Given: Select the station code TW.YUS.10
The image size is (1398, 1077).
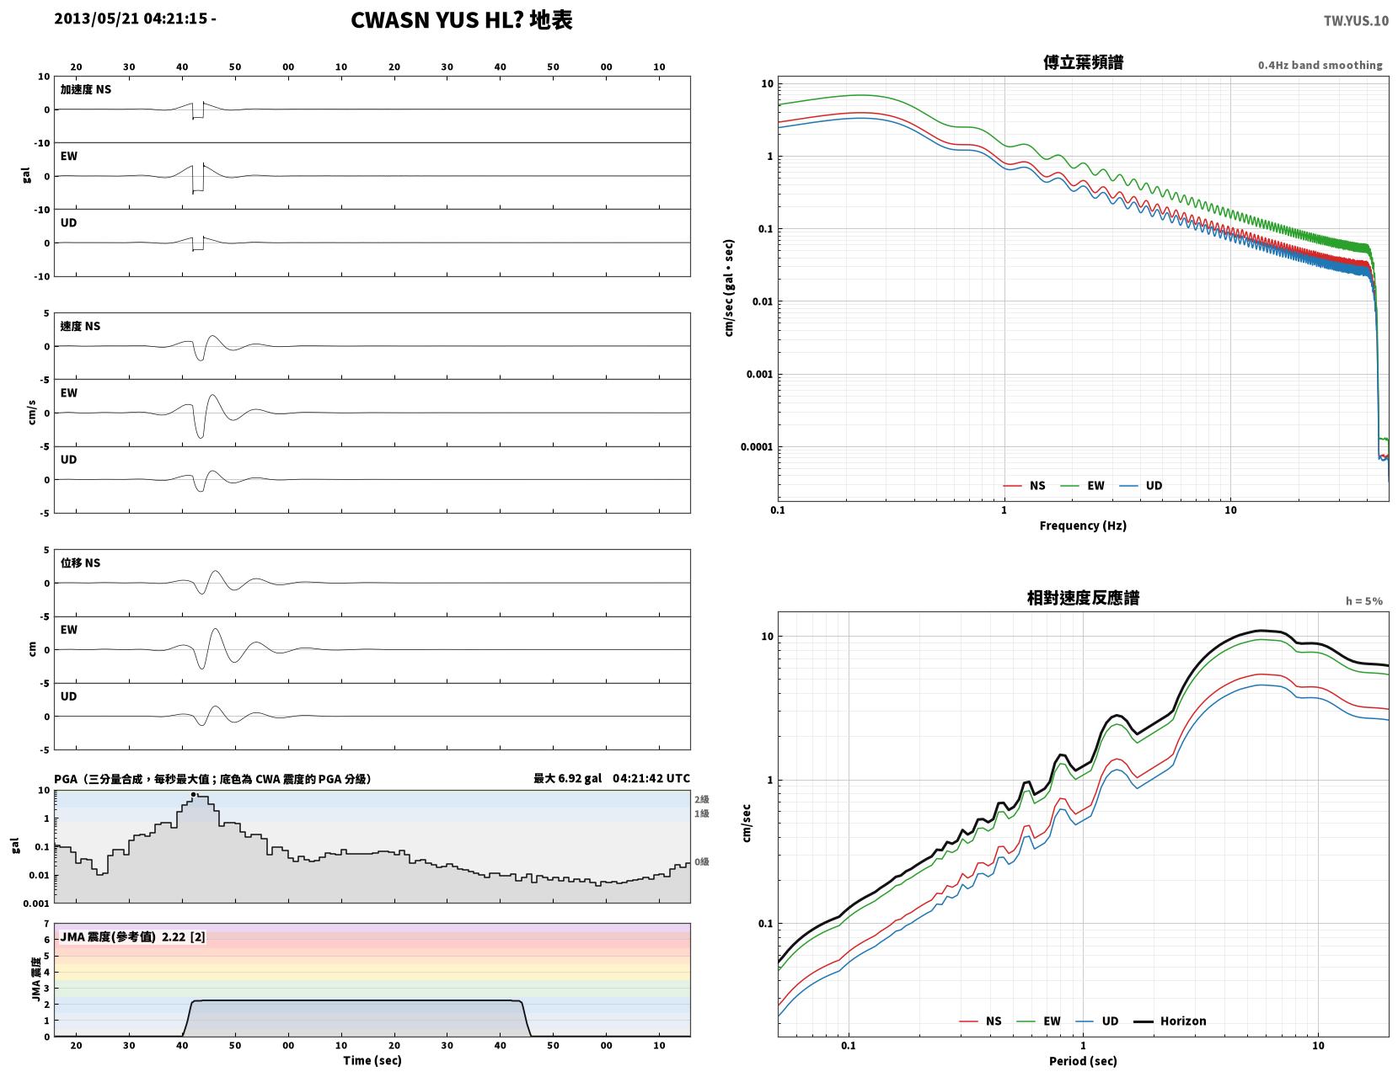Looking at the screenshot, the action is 1356,21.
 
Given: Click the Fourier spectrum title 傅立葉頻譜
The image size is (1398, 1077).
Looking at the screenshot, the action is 1083,62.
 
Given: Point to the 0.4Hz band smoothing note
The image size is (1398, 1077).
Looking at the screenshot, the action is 1320,65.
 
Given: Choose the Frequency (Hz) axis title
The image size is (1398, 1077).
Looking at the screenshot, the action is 1083,525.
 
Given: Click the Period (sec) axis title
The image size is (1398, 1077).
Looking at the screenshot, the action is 1083,1061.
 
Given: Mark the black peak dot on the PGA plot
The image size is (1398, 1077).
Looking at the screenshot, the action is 193,795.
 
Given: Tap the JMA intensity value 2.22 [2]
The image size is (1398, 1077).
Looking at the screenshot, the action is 184,937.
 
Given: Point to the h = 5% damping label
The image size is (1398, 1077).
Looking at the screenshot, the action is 1364,601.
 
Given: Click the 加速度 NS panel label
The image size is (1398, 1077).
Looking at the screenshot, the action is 86,89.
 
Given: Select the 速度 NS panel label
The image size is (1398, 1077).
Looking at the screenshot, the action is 80,327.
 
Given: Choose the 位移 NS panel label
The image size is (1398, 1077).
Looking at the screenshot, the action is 80,562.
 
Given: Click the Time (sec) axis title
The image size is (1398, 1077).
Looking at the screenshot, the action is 372,1060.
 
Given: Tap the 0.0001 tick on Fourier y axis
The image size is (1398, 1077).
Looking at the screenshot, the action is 756,447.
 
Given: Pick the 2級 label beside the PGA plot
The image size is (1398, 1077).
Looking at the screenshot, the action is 701,799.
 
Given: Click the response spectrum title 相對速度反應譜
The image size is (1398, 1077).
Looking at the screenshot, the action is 1083,598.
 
